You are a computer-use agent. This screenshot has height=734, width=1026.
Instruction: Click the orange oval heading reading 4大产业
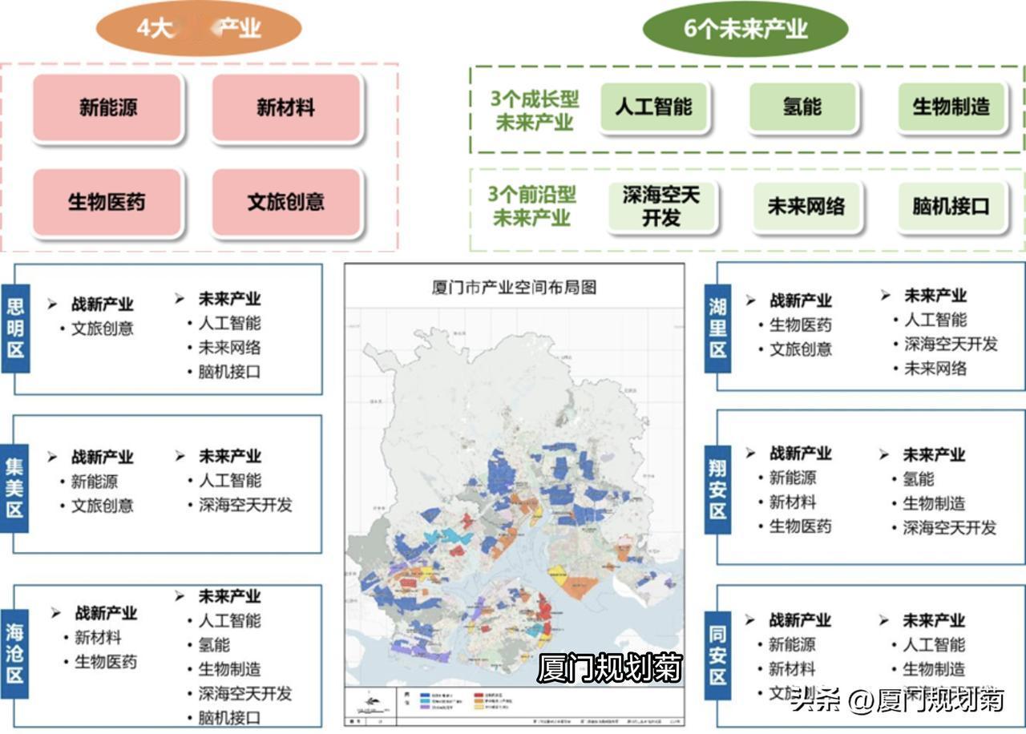(198, 29)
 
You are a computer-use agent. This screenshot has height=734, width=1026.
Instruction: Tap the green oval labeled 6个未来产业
(745, 30)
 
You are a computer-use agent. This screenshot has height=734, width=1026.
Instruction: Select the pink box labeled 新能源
(108, 107)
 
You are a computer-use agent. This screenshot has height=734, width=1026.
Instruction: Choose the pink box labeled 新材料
(286, 107)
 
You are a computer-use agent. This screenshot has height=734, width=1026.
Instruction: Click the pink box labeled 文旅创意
(286, 202)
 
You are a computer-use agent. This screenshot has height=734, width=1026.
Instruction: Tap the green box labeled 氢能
(802, 107)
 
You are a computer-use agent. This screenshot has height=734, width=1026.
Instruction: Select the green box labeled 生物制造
(951, 107)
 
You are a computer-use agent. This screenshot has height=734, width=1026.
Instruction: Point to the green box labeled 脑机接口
(951, 206)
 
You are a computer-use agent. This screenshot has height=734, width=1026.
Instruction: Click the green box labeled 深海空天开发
(660, 206)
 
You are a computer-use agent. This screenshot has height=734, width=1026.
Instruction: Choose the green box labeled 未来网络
(806, 206)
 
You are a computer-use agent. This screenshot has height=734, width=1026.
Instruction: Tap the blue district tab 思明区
(15, 328)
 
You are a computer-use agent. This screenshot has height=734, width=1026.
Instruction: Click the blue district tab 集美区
(15, 488)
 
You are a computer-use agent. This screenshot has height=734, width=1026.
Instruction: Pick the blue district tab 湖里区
(718, 329)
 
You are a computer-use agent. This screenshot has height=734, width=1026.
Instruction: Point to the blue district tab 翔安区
(718, 488)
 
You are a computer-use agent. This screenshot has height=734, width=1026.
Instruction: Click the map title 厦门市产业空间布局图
(514, 287)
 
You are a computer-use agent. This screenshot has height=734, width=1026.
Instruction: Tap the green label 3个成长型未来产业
(535, 111)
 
